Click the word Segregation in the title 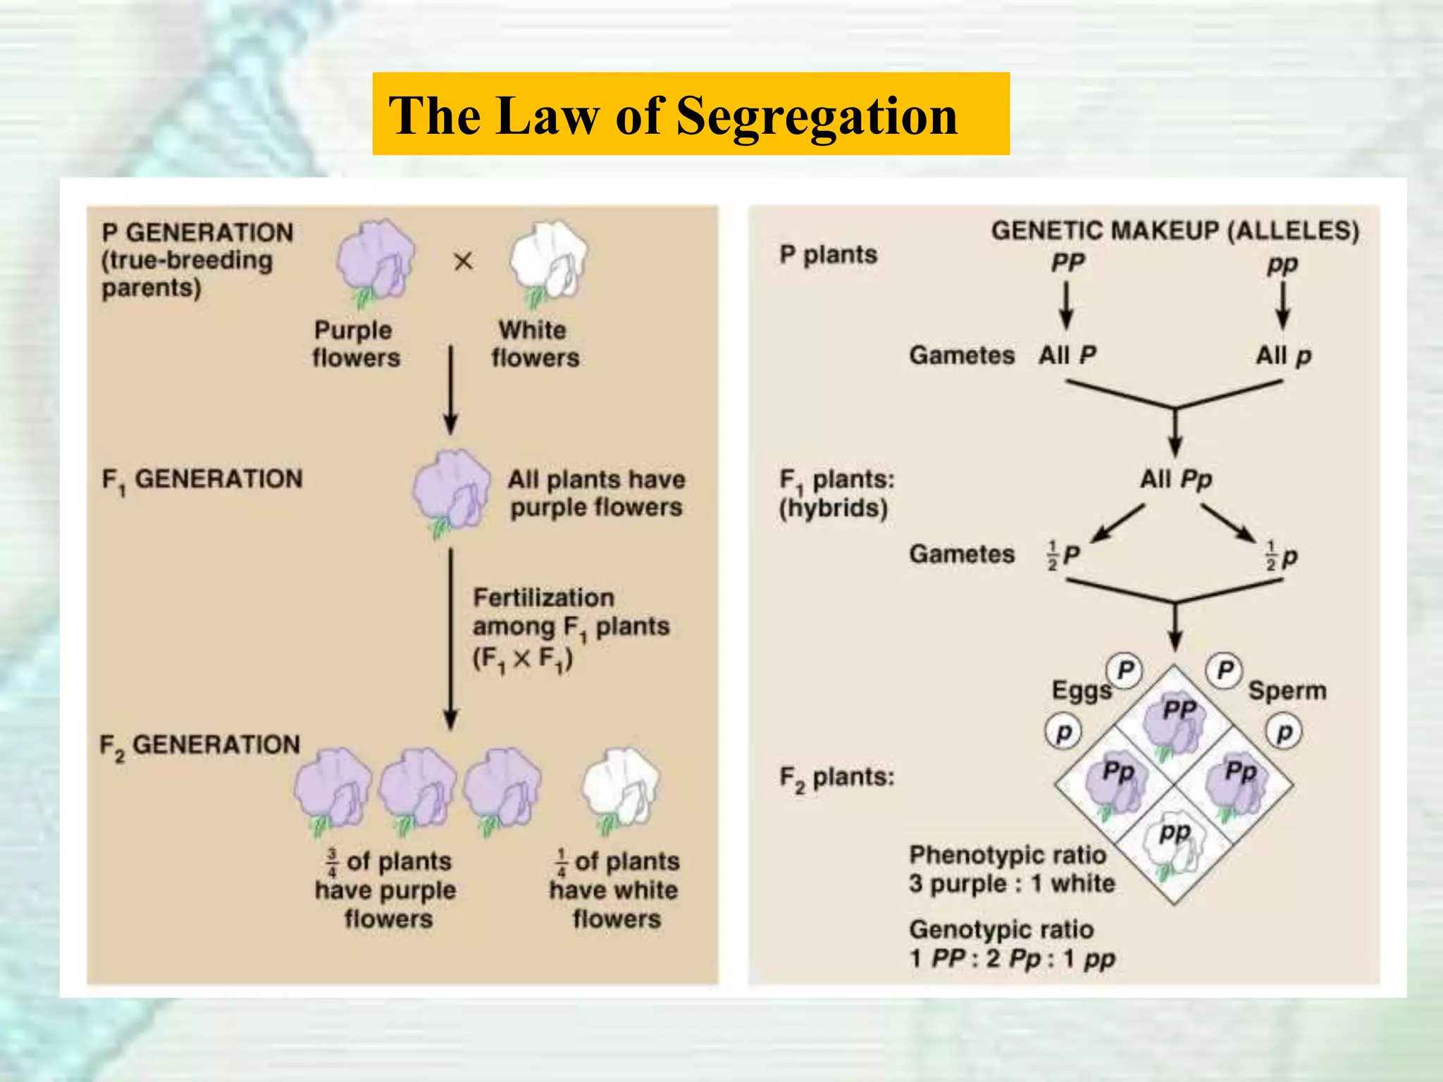(x=817, y=116)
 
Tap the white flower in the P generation (x=549, y=261)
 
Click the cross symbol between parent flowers (x=463, y=262)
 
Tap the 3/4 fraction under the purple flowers (x=332, y=863)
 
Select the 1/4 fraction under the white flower (x=561, y=863)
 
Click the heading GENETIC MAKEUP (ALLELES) (x=1175, y=231)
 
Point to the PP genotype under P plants (x=1067, y=263)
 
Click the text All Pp (x=1175, y=480)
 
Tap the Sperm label (x=1287, y=691)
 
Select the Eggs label (x=1081, y=691)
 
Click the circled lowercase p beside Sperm (x=1284, y=733)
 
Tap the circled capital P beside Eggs (x=1125, y=669)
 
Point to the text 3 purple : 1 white (x=1012, y=884)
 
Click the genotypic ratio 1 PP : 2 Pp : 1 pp (x=1012, y=959)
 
